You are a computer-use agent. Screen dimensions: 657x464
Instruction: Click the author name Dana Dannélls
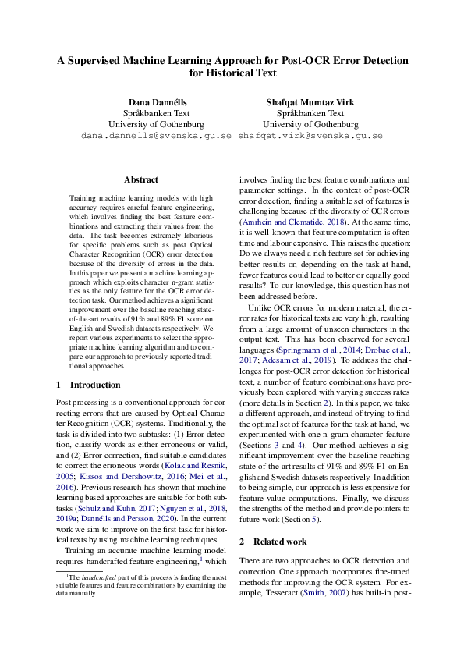156,102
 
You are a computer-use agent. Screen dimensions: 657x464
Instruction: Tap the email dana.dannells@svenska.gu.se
156,135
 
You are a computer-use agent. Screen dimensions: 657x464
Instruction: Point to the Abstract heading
140,179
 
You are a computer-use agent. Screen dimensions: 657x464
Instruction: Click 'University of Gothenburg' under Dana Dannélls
156,124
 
